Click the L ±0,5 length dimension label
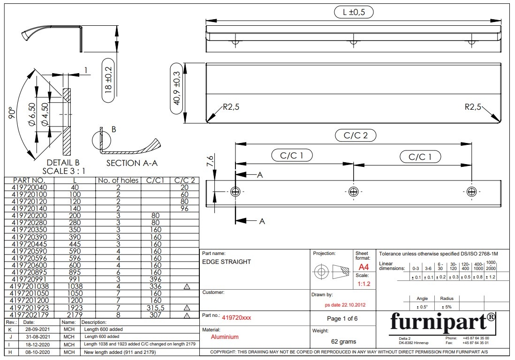point(354,12)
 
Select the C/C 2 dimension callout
point(356,135)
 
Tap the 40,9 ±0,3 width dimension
point(177,89)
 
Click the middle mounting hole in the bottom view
point(353,191)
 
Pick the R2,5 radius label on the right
point(473,107)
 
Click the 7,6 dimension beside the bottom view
point(210,161)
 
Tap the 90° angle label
point(12,112)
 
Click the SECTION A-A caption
point(132,163)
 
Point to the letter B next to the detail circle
point(114,129)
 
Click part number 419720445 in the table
point(29,244)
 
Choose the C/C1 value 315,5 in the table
point(155,307)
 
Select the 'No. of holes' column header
point(118,180)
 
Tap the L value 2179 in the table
point(75,315)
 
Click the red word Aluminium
point(225,337)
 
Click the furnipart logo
point(442,322)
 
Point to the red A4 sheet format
point(364,267)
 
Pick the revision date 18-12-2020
point(38,345)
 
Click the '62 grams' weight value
point(343,342)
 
